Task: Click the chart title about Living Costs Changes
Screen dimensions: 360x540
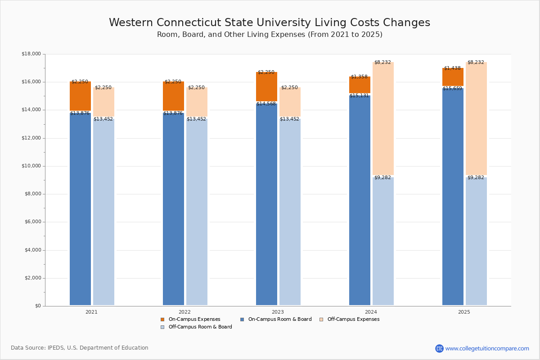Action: (x=269, y=23)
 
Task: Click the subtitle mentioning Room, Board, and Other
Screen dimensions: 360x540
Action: (x=270, y=35)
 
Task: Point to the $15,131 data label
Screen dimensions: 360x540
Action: (x=359, y=96)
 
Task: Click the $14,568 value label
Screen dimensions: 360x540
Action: (x=266, y=104)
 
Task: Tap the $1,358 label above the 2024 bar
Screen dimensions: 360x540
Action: (x=359, y=77)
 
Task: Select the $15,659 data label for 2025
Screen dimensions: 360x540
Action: (x=452, y=89)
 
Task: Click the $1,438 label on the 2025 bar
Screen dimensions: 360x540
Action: (x=452, y=68)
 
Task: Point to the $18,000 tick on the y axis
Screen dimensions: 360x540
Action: (x=31, y=54)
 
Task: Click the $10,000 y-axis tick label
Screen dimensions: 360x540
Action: (x=31, y=166)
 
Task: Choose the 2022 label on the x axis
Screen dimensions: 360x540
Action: (x=184, y=312)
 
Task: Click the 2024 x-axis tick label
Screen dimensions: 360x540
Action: (x=371, y=312)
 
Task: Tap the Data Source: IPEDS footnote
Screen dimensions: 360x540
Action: (x=80, y=348)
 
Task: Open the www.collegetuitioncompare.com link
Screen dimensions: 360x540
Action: (x=487, y=348)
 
